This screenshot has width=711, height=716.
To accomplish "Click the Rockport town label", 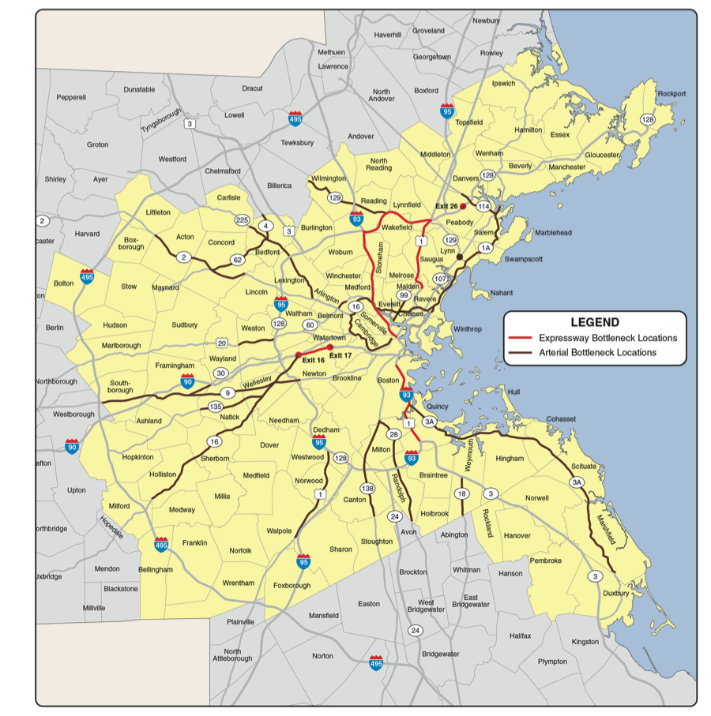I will tap(671, 94).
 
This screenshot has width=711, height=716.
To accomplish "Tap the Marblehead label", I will tap(552, 233).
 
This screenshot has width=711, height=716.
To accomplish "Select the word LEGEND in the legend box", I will tap(594, 322).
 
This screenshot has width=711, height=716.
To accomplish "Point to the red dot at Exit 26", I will tap(464, 206).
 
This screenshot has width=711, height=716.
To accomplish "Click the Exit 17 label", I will tap(340, 356).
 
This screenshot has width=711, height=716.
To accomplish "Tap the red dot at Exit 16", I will tap(299, 354).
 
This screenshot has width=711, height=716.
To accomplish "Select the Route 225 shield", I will tap(243, 219).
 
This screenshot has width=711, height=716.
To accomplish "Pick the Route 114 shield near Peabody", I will tap(483, 206).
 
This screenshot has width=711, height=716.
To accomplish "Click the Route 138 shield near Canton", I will tap(367, 488).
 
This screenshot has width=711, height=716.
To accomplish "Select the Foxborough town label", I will tap(292, 586).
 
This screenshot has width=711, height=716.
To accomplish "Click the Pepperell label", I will tap(71, 97).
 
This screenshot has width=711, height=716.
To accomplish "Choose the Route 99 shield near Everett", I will tap(403, 295).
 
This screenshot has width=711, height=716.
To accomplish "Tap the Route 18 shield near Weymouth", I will tap(461, 493).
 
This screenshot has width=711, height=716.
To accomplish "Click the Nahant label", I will tap(502, 293).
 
